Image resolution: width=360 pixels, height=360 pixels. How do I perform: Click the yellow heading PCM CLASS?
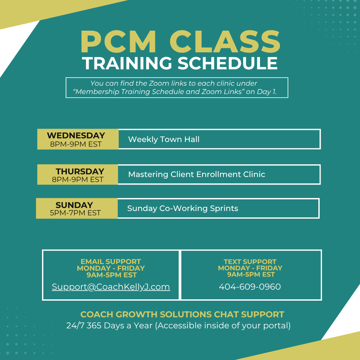(x=180, y=42)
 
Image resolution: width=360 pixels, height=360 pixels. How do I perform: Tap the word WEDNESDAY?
(x=76, y=135)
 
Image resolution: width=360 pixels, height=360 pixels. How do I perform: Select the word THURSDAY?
(x=80, y=172)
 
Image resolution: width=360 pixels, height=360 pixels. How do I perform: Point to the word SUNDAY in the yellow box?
(x=74, y=205)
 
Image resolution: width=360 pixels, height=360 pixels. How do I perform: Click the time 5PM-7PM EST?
(x=75, y=213)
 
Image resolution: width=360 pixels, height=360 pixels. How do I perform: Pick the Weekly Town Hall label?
(x=164, y=139)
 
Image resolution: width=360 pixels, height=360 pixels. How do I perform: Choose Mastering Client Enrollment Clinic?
(x=197, y=174)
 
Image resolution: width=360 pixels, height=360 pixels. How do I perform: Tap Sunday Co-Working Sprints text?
(x=183, y=208)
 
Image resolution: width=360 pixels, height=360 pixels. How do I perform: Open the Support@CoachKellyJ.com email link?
(x=111, y=287)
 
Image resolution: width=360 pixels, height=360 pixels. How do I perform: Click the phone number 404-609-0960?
(x=250, y=287)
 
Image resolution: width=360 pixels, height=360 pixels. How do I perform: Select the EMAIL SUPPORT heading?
(x=111, y=262)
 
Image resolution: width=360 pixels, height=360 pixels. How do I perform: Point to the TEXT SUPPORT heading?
(x=250, y=262)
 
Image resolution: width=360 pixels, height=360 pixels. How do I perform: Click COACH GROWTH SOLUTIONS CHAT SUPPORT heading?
(x=182, y=315)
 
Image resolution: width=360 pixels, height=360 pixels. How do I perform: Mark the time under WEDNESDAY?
(x=76, y=144)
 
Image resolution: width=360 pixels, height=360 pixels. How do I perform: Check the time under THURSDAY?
(x=78, y=180)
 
